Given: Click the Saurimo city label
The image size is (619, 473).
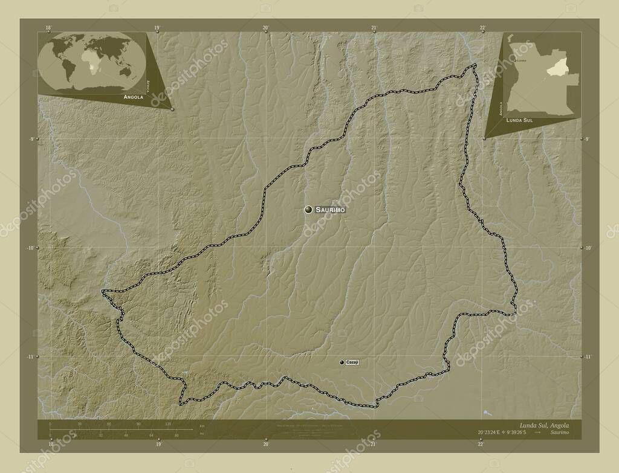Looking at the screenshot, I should click(x=331, y=209).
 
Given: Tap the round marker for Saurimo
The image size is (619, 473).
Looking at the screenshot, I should click(x=309, y=209).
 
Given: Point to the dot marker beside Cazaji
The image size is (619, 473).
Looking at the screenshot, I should click(x=342, y=362).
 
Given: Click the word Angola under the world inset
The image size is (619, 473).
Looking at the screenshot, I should click(x=133, y=97).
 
